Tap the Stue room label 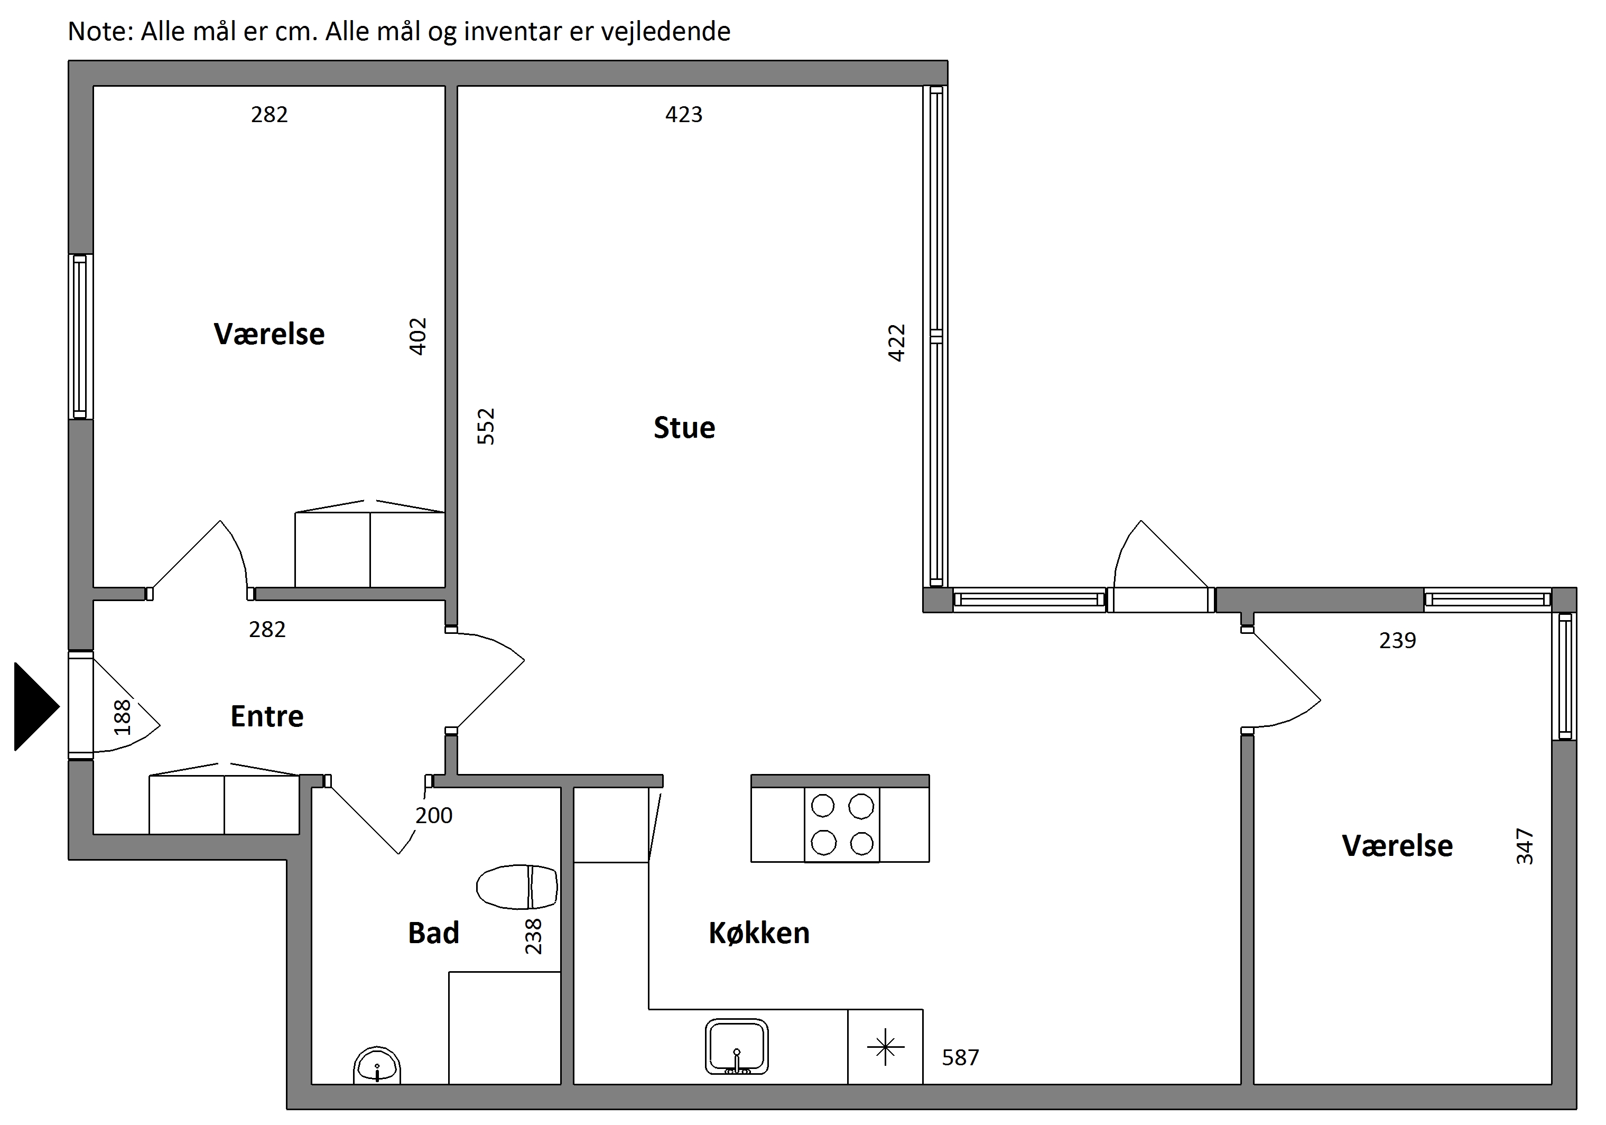684,428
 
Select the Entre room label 267,716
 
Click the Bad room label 434,933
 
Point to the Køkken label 759,933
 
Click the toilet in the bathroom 517,887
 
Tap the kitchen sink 737,1047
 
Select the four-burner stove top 842,825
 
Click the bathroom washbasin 377,1066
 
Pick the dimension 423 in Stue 683,114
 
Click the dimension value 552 486,426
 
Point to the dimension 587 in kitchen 960,1057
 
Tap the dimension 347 1525,846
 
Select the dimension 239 1398,640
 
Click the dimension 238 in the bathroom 533,936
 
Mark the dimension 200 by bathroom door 434,815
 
